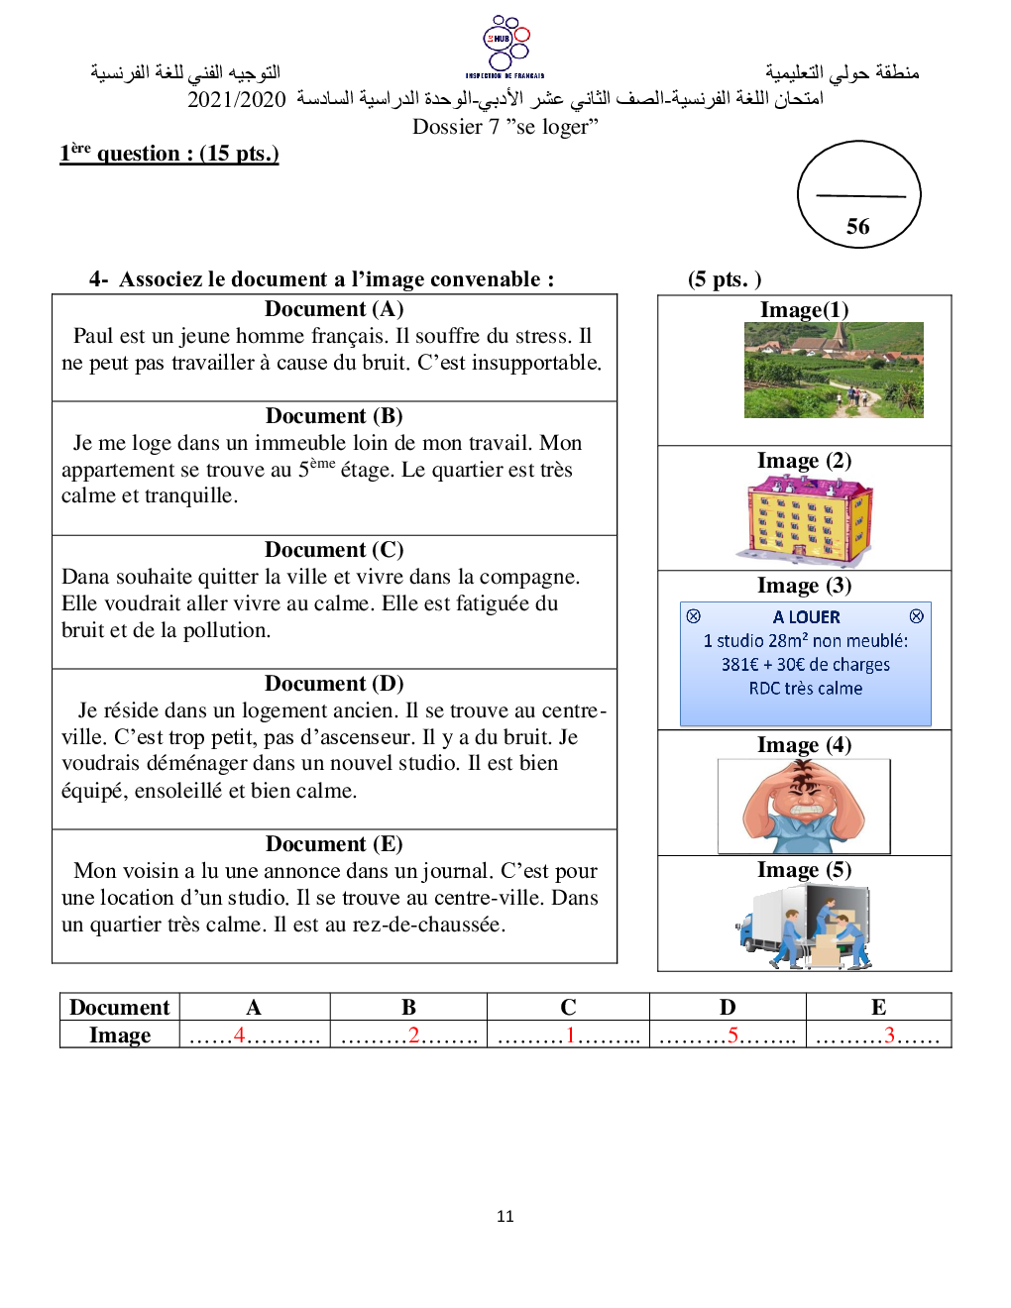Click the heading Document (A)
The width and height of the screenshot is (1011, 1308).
click(334, 309)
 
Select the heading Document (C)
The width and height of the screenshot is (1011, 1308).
click(334, 550)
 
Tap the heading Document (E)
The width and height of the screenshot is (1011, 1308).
click(334, 844)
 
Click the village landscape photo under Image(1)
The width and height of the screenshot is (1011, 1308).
click(834, 370)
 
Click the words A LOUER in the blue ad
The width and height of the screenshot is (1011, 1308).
click(806, 617)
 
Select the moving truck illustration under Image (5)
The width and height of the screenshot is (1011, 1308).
click(804, 926)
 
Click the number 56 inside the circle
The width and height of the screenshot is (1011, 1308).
click(858, 227)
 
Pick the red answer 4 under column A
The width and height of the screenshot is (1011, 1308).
click(239, 1035)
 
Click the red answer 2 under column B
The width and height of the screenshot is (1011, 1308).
click(413, 1035)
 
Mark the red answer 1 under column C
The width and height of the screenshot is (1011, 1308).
click(570, 1035)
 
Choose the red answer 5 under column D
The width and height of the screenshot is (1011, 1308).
click(732, 1035)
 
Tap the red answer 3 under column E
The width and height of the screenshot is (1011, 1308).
click(889, 1035)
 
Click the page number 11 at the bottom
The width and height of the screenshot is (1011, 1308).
click(505, 1216)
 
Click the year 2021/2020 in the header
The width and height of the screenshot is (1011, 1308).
click(236, 99)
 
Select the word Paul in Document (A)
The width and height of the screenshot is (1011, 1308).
click(93, 336)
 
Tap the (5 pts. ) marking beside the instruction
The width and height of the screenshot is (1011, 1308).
click(725, 279)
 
